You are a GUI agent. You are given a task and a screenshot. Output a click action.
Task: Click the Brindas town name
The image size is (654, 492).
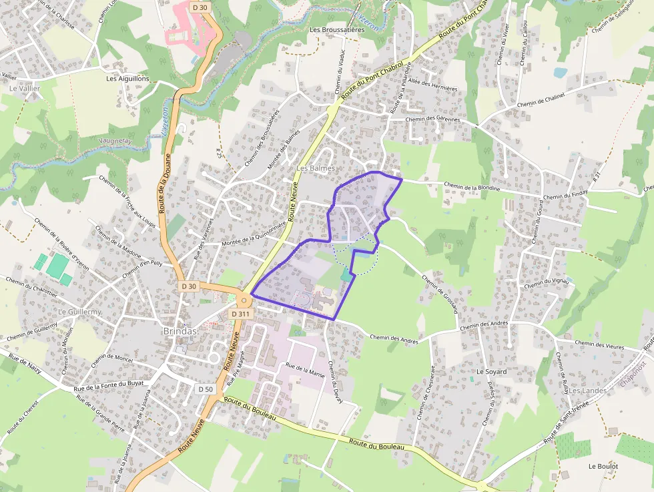(180, 331)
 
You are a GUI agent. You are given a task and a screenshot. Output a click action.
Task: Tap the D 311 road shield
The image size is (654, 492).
(242, 313)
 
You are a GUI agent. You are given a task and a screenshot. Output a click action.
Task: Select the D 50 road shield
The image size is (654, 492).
(206, 389)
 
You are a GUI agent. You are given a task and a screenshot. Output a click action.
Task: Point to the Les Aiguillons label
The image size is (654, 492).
(128, 78)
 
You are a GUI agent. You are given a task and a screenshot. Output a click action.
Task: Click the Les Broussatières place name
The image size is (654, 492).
(337, 30)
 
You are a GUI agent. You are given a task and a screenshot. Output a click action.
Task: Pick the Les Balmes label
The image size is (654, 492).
(316, 168)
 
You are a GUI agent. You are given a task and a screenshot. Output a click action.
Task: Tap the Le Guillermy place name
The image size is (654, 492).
(79, 312)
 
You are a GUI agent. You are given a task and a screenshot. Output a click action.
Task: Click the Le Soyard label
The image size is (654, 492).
(492, 371)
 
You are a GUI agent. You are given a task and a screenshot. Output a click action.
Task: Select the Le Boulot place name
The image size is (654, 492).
(603, 466)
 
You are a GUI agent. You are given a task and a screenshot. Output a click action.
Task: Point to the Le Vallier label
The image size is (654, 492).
(25, 88)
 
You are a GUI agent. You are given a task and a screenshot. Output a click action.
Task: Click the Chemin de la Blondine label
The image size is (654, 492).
(472, 186)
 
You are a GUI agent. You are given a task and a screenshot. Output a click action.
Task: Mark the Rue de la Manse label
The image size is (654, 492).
(305, 370)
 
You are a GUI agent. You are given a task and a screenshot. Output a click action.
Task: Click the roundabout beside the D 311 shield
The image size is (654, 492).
(243, 300)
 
